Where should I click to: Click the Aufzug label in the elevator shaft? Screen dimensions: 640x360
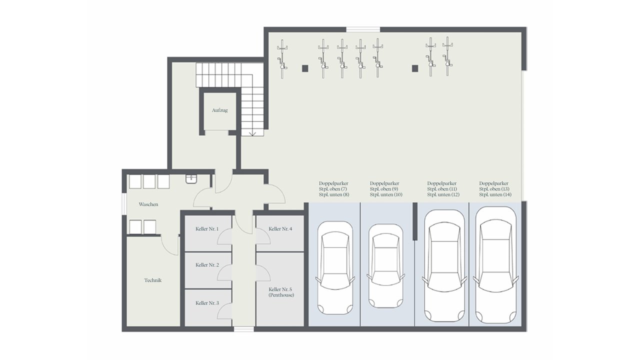[x=219, y=110]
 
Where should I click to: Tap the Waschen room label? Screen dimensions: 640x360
[x=148, y=204]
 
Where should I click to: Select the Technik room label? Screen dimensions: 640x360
[x=153, y=280]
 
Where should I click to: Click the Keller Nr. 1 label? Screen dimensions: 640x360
[x=207, y=229]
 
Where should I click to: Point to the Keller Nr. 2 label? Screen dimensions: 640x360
[x=207, y=265]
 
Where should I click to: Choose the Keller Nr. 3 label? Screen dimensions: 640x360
[x=207, y=303]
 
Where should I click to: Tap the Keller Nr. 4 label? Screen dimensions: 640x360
[x=280, y=229]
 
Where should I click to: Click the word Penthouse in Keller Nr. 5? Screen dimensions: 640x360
[x=281, y=295]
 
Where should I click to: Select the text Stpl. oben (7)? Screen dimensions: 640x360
[x=333, y=189]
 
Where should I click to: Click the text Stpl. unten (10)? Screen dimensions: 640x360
[x=386, y=194]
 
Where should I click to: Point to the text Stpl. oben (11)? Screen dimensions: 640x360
[x=442, y=189]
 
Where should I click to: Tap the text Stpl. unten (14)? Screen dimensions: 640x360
[x=495, y=194]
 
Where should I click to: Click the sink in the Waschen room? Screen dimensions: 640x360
[x=191, y=179]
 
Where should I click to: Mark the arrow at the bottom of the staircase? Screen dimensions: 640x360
[x=252, y=133]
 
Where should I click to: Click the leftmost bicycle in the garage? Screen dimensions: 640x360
[x=282, y=59]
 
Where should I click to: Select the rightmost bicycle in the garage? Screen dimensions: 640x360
[x=447, y=56]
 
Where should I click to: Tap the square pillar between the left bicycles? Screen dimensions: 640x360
[x=305, y=68]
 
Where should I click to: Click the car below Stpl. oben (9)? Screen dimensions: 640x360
[x=386, y=266]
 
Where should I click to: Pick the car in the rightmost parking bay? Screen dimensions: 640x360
[x=495, y=265]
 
